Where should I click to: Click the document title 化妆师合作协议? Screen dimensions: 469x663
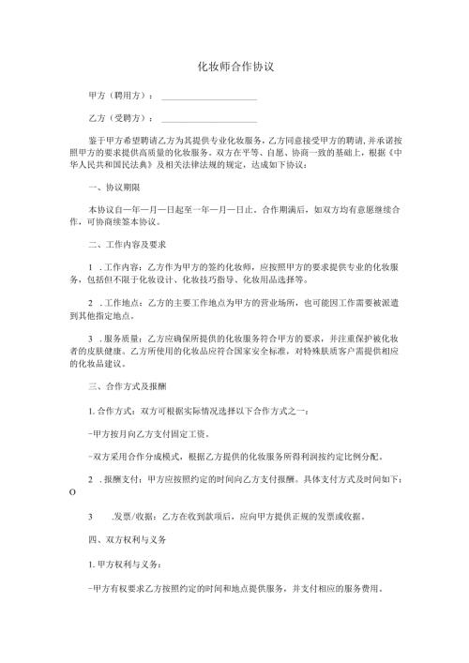pyautogui.click(x=234, y=68)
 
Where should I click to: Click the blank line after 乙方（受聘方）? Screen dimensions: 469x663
pyautogui.click(x=209, y=121)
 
